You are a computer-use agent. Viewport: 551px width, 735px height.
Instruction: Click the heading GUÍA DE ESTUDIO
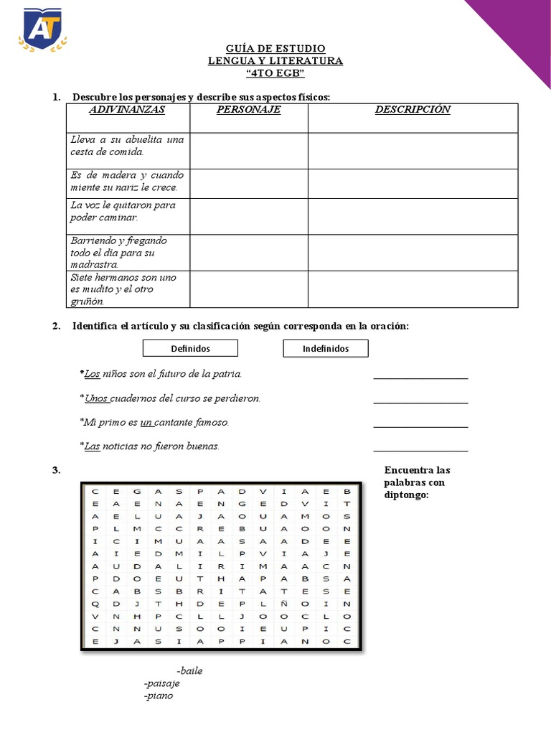click(x=275, y=48)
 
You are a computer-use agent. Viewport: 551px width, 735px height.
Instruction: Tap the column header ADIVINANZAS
click(x=126, y=110)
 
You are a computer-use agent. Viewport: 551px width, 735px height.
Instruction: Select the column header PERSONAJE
click(x=248, y=110)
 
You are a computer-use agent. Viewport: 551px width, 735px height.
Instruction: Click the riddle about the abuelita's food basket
click(x=126, y=146)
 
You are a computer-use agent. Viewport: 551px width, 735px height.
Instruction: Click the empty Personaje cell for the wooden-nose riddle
click(x=248, y=184)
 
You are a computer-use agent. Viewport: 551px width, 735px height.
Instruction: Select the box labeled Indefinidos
click(x=326, y=348)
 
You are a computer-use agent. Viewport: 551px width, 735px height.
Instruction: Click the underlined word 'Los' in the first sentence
click(x=92, y=374)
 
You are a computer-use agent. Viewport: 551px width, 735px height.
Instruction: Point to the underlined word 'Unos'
click(x=96, y=398)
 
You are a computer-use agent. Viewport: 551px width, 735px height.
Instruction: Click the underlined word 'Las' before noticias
click(x=92, y=446)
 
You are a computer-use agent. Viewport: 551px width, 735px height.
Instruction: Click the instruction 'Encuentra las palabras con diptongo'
click(x=417, y=482)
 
